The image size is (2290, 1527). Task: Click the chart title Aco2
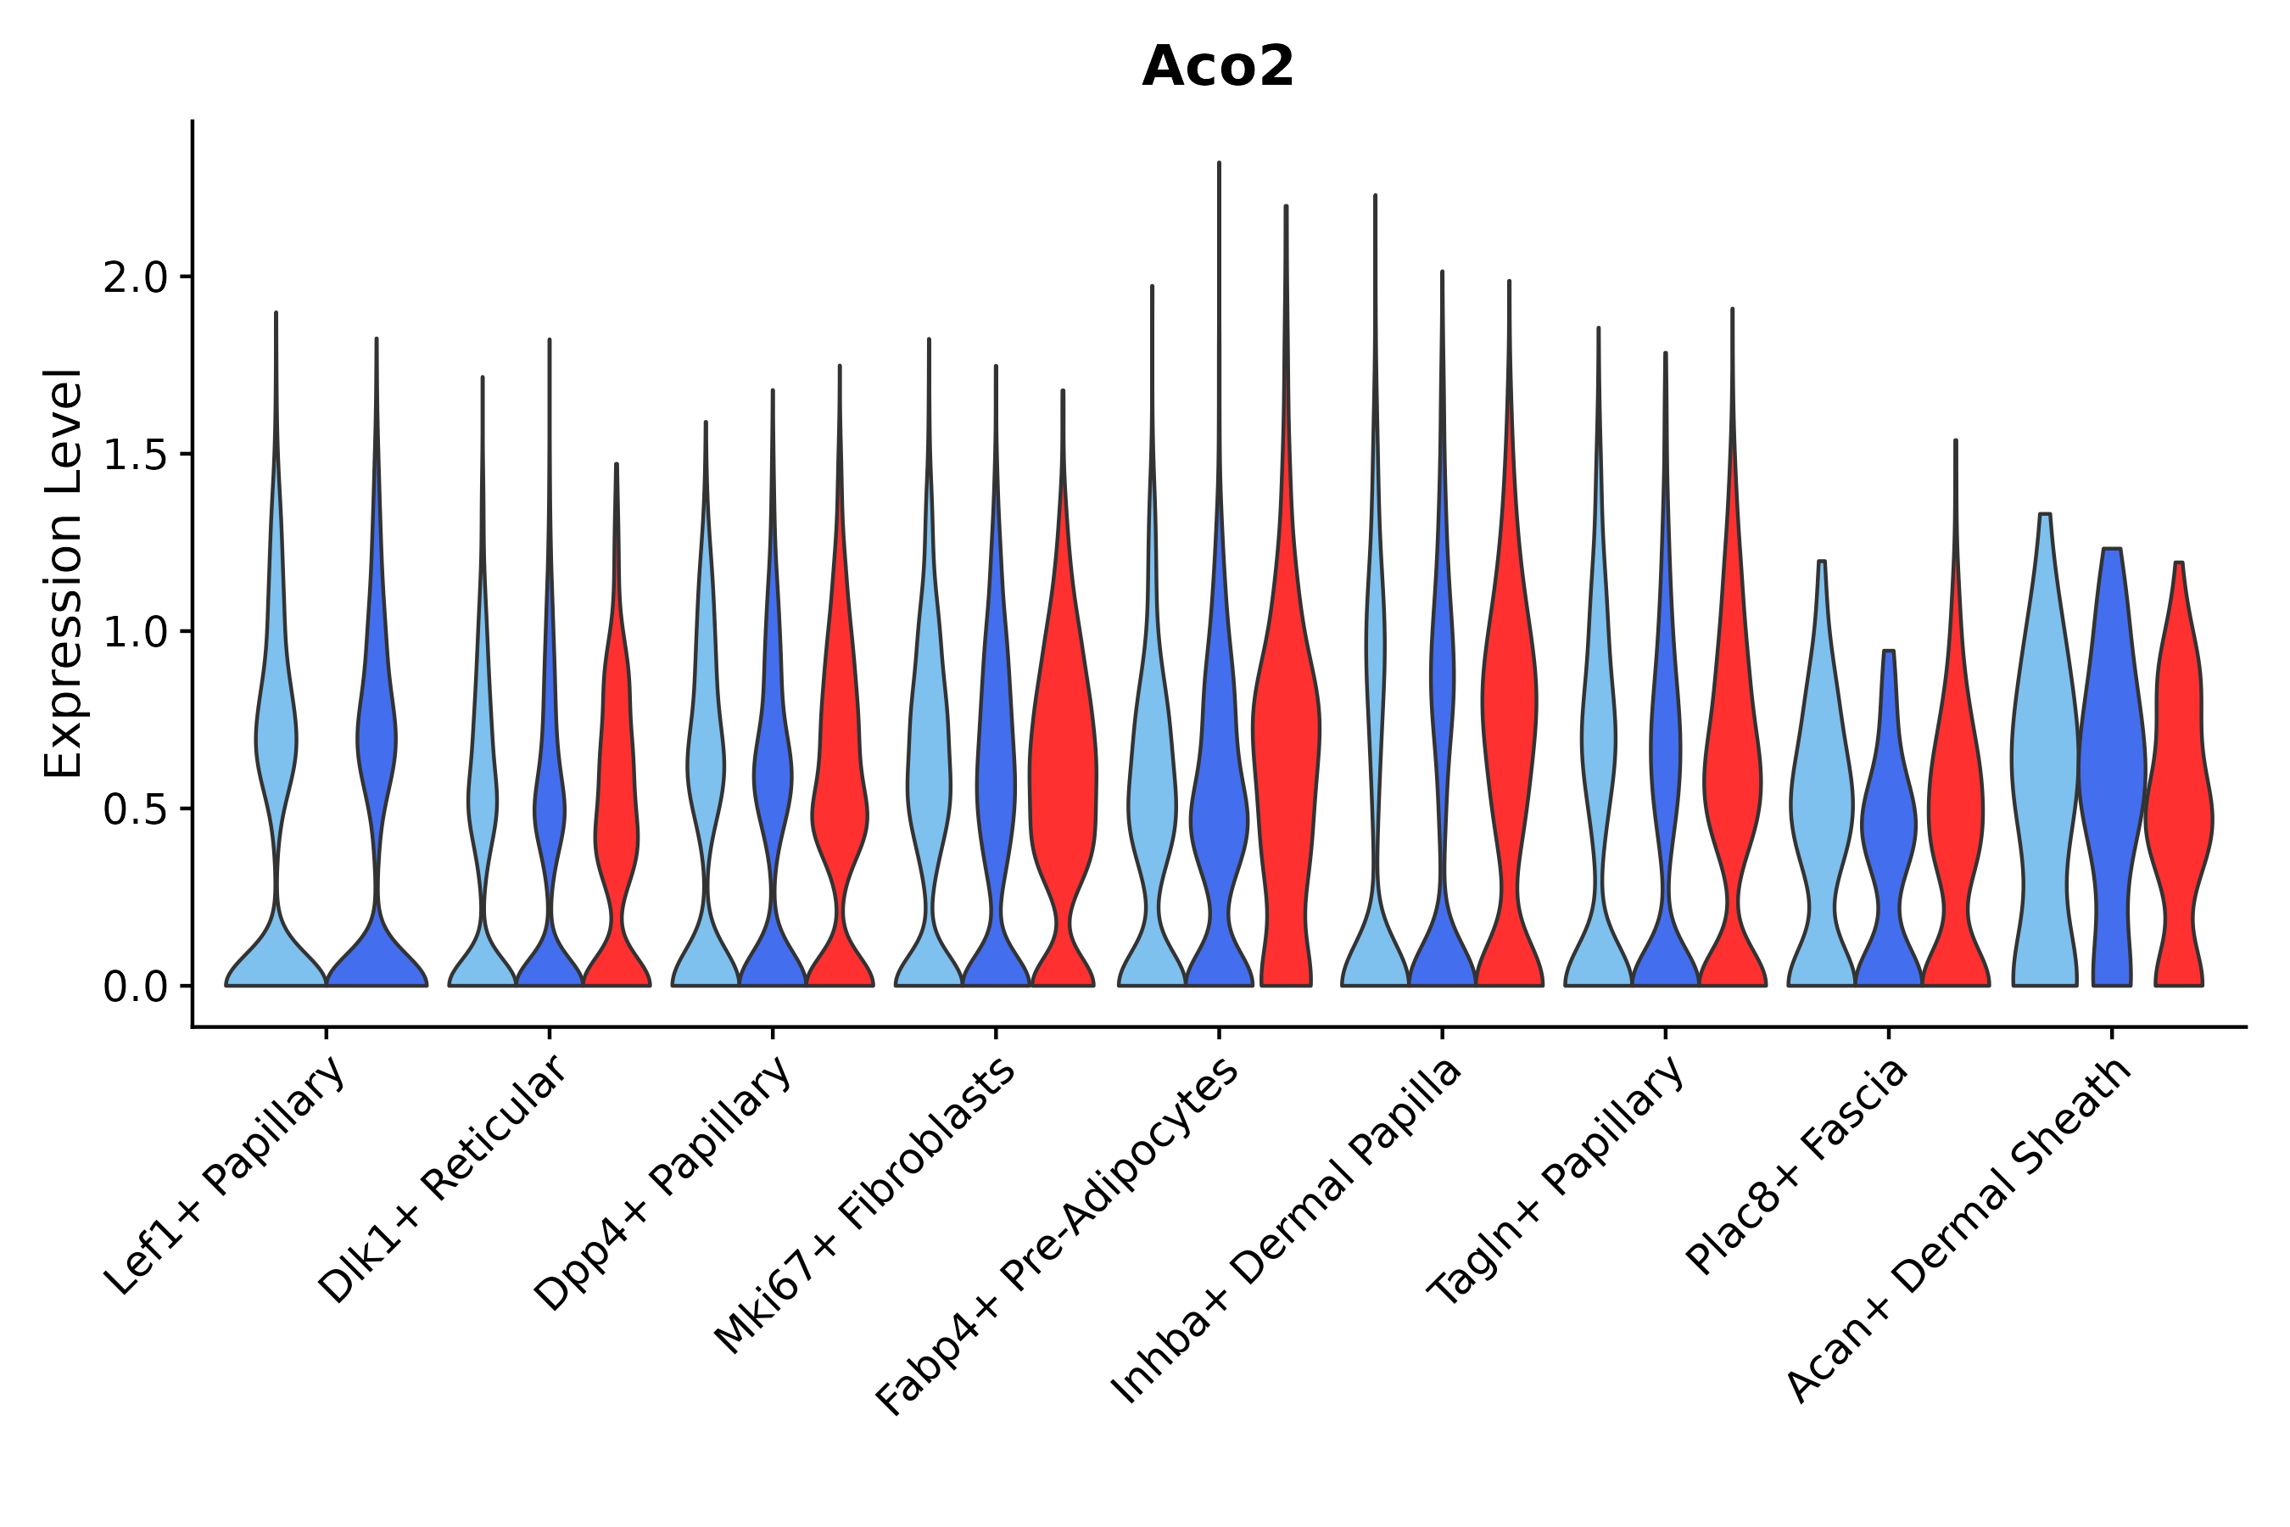[1217, 67]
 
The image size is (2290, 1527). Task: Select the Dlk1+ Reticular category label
[442, 1179]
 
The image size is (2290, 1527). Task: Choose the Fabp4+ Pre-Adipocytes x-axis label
[1058, 1237]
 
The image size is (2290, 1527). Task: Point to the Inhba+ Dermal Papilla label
[1286, 1231]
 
